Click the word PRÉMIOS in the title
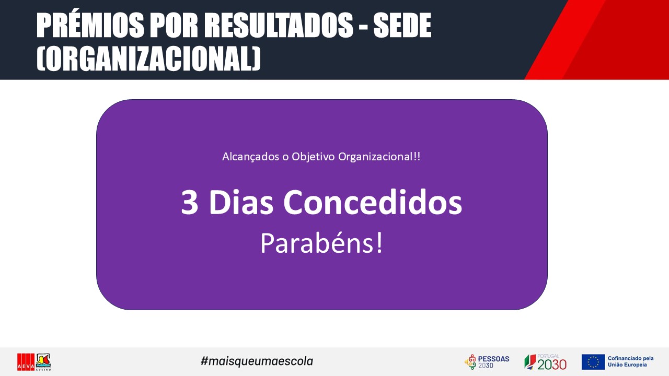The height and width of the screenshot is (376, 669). coord(90,25)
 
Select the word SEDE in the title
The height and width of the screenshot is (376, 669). coord(402,26)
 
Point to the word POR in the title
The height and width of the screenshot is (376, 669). coord(174,26)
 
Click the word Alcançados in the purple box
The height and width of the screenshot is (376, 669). coord(250,157)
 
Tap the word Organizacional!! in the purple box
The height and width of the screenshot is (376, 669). coord(379,157)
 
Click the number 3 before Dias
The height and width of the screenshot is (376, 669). coord(190,202)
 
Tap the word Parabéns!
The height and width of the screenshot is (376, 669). coord(321,243)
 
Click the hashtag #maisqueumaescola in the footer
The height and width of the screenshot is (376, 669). coord(257,361)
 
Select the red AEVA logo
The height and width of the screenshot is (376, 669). coord(26,362)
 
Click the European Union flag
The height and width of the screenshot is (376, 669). coord(593,362)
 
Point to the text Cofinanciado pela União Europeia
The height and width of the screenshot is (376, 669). coord(630,361)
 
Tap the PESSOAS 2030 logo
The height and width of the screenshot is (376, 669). coord(487,362)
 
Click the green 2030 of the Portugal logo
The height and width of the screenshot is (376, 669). coord(552,365)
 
